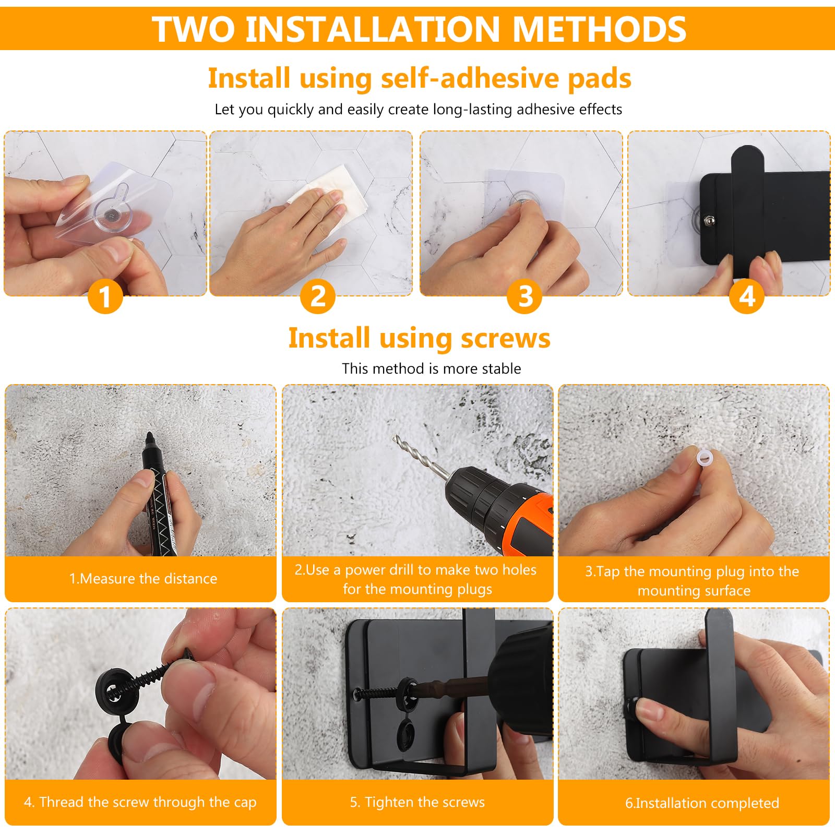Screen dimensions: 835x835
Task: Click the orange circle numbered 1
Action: click(x=105, y=296)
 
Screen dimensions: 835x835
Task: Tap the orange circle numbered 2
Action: click(x=317, y=296)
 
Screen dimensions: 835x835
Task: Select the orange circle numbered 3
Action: click(x=524, y=296)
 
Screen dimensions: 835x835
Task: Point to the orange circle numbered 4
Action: click(x=747, y=296)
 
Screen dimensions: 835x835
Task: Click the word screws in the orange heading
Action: click(x=505, y=338)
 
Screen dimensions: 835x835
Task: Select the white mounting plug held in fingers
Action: click(x=705, y=459)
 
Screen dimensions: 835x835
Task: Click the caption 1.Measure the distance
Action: click(x=143, y=578)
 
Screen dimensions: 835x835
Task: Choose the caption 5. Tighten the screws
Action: click(x=417, y=802)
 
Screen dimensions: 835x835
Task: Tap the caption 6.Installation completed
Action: click(x=702, y=803)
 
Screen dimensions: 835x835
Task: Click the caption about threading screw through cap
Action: click(x=140, y=802)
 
